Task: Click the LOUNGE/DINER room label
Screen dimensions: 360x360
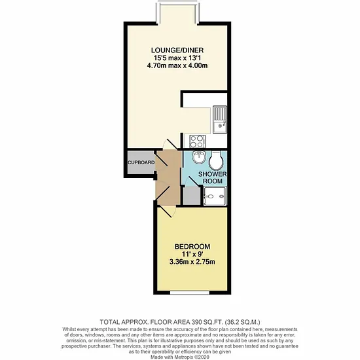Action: tap(177, 50)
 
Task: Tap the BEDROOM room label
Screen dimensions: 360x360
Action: tap(192, 247)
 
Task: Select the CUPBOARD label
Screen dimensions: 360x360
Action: tap(141, 162)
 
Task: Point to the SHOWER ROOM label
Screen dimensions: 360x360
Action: tap(212, 177)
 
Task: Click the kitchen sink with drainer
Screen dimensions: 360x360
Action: tap(220, 119)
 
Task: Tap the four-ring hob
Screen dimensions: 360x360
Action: tap(197, 141)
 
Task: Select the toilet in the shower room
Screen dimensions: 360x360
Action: tap(216, 160)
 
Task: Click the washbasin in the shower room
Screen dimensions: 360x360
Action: tap(198, 157)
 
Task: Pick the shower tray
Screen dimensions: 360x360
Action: tap(215, 196)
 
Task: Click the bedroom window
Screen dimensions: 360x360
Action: tap(190, 293)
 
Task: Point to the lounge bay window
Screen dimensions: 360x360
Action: tap(177, 12)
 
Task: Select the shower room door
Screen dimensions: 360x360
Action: tap(192, 181)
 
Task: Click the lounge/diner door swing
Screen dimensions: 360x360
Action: tap(170, 144)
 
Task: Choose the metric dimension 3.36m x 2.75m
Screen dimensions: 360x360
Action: tap(192, 262)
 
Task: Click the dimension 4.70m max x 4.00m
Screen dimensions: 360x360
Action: tap(177, 65)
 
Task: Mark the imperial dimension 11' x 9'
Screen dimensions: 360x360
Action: tap(192, 254)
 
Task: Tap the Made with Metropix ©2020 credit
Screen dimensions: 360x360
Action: tap(180, 357)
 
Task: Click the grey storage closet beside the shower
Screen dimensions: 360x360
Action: tap(192, 196)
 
